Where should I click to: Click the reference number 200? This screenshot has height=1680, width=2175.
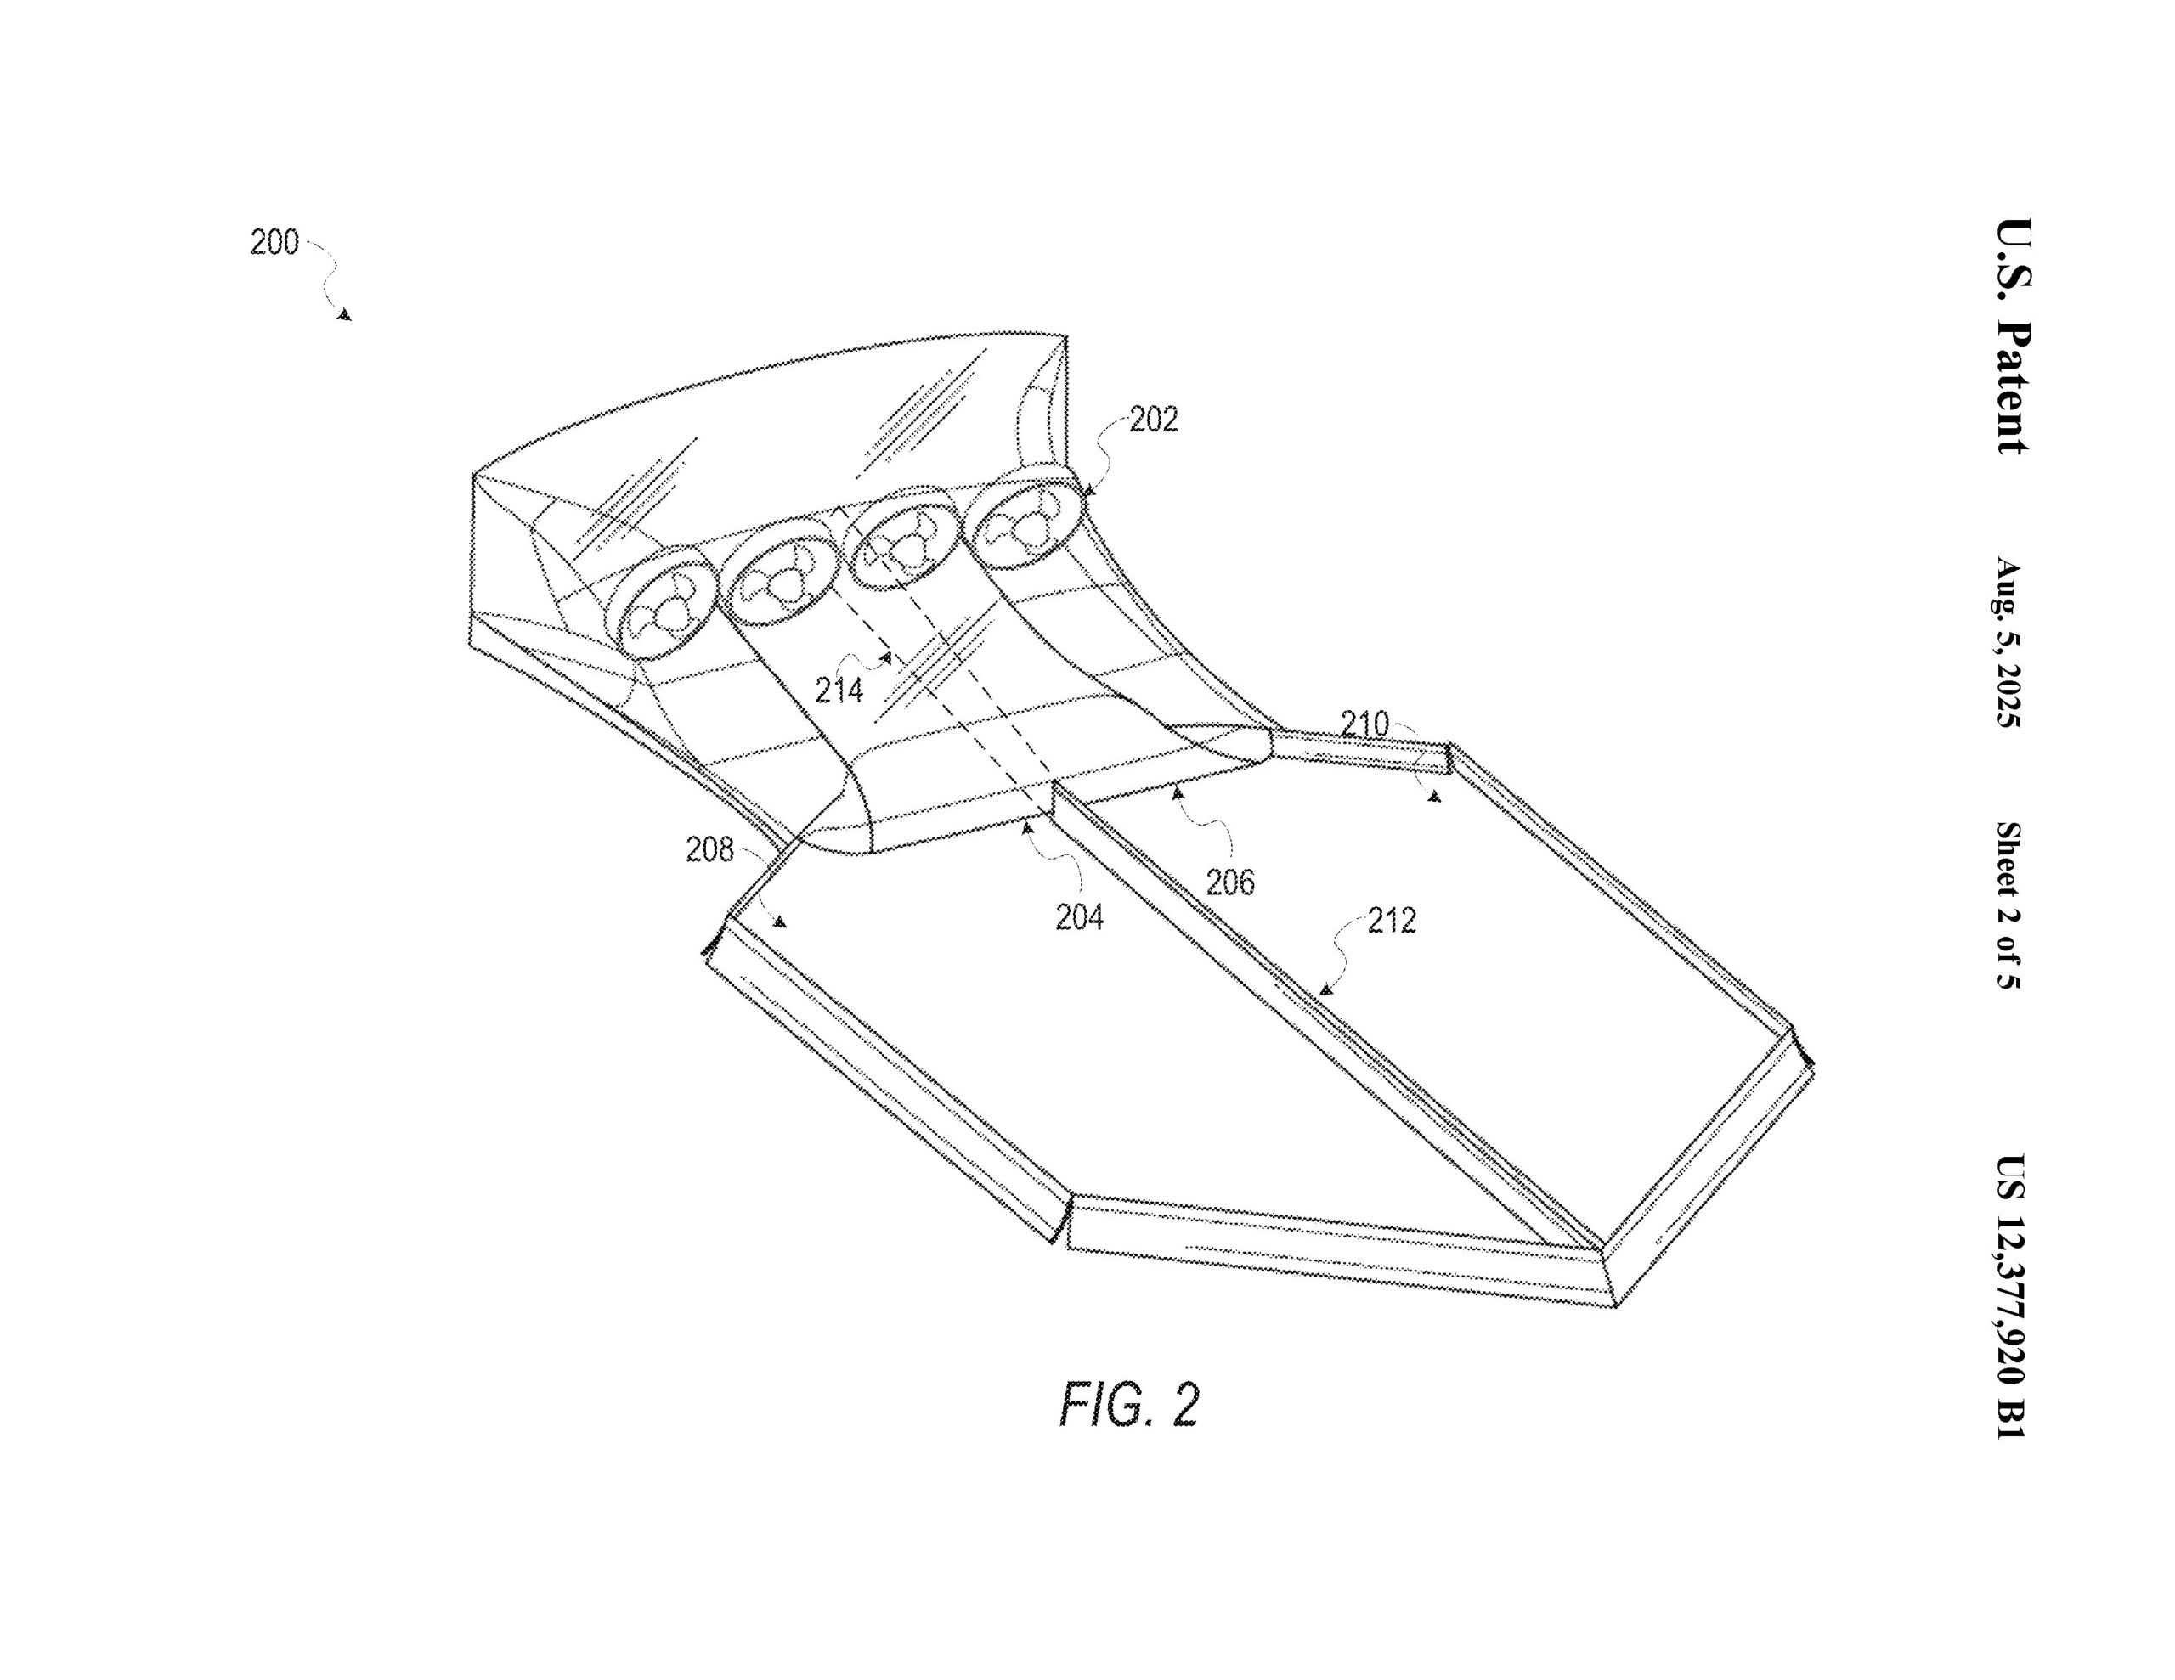click(x=274, y=242)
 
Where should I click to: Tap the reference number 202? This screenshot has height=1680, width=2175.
click(x=1153, y=420)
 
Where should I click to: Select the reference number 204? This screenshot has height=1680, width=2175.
click(x=1080, y=916)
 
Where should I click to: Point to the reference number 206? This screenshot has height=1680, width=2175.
click(x=1230, y=882)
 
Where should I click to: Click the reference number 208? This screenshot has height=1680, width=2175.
click(x=709, y=849)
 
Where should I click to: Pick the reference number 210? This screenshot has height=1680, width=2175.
click(x=1364, y=724)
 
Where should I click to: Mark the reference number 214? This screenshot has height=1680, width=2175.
click(x=839, y=689)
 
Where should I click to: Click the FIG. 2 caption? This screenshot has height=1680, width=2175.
click(x=1128, y=1405)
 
